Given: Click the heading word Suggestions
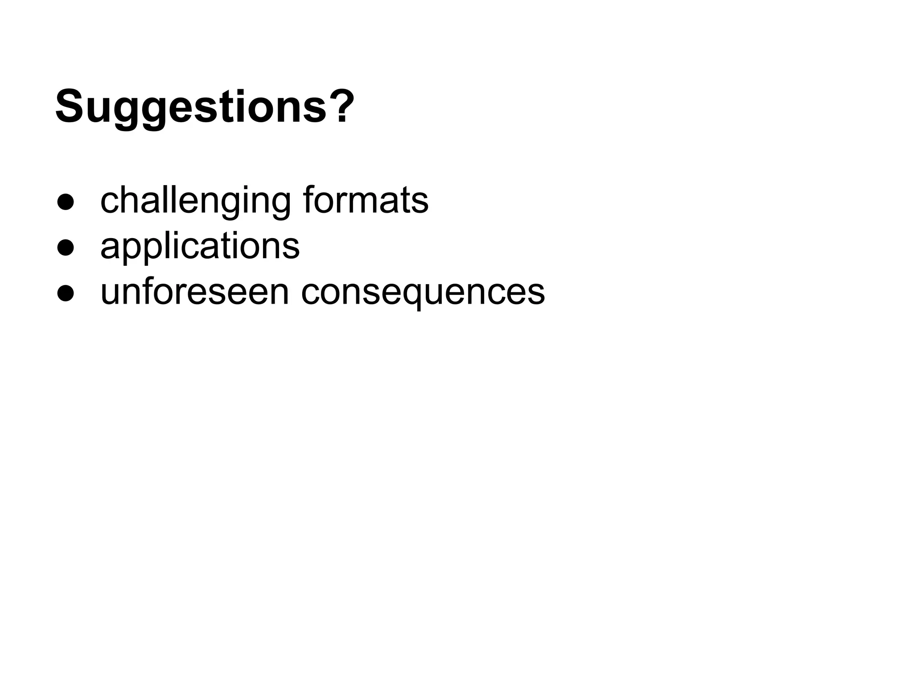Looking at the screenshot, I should tap(192, 107).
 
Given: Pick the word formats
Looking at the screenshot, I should tap(366, 201).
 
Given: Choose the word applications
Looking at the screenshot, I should tap(200, 247).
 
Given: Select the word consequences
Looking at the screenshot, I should tap(423, 293).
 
